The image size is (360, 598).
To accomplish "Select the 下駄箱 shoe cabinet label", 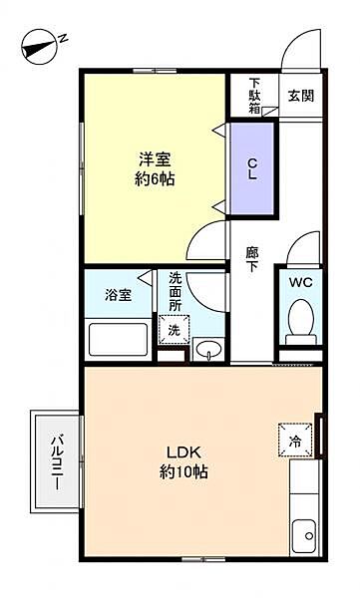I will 255,96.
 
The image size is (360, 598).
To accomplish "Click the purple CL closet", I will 254,168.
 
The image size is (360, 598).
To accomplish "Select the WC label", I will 300,282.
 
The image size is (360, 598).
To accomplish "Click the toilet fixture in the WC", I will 300,321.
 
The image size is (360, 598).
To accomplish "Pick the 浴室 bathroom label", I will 118,295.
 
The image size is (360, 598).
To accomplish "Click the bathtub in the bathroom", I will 118,339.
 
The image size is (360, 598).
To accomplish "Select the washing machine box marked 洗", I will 173,329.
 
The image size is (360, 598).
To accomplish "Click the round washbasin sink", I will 207,350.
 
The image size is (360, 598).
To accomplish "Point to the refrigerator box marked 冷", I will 295,440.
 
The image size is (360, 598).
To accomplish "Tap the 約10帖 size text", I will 180,472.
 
